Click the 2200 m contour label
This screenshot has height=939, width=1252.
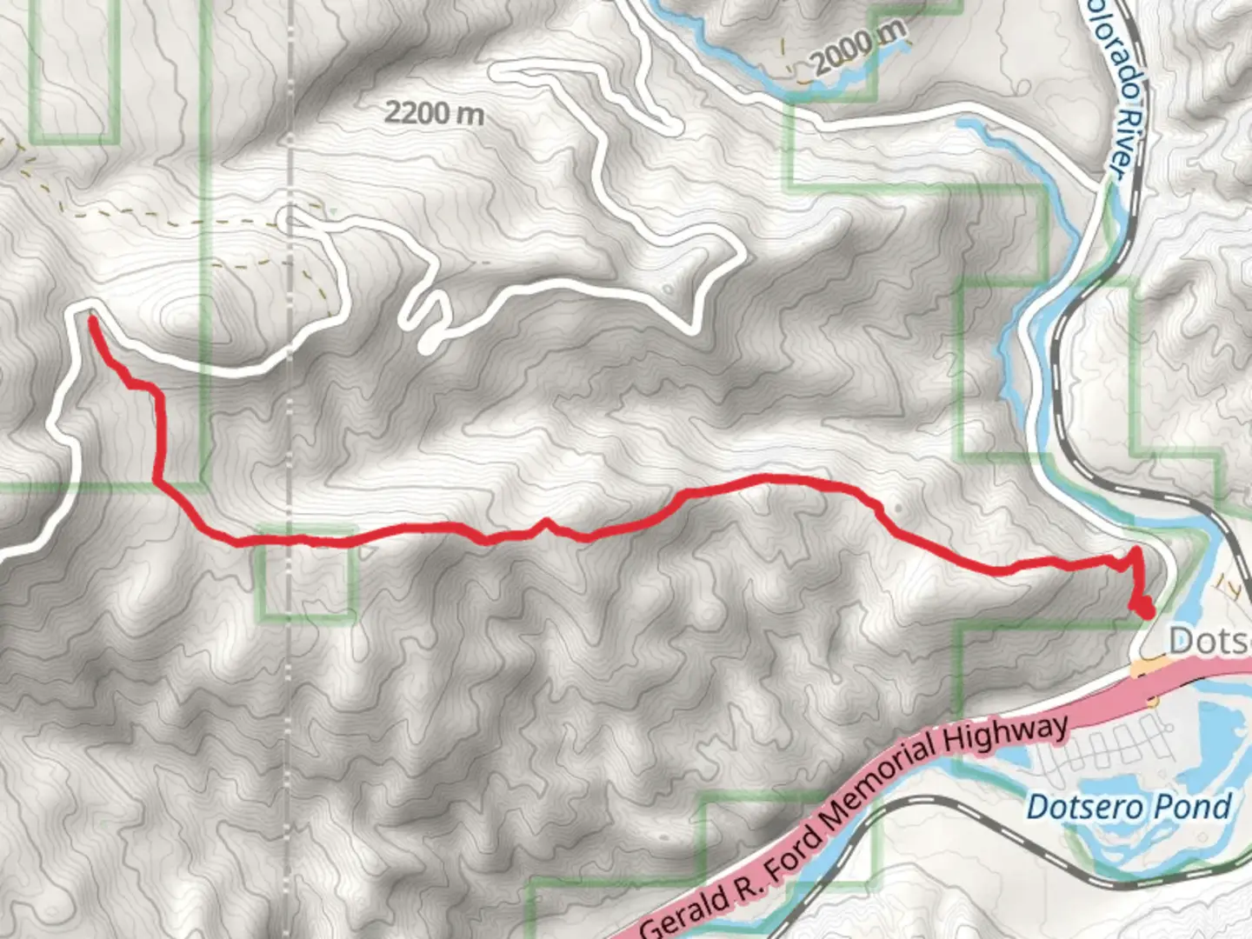(x=434, y=113)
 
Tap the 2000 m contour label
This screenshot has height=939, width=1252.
(x=858, y=48)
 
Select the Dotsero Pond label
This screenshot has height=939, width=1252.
(x=1128, y=807)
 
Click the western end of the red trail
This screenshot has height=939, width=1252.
(x=91, y=320)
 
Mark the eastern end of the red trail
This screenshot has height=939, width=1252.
(x=1146, y=610)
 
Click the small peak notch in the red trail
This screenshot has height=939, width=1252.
(x=546, y=522)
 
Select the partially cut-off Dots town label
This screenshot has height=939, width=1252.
(x=1209, y=642)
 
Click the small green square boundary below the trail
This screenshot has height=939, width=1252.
(x=307, y=574)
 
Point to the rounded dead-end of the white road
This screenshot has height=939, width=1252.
(x=427, y=344)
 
